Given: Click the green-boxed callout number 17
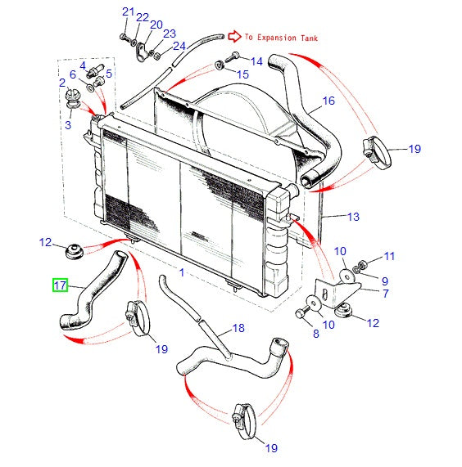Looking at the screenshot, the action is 60,285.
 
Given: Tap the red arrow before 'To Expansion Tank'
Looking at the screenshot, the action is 234,36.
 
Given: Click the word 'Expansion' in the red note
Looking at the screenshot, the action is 277,38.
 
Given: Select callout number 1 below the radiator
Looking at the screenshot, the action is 182,272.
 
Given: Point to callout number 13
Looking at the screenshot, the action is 353,217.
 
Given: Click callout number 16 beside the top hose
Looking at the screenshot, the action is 328,101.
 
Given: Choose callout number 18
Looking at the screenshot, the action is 238,328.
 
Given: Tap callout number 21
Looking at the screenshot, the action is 129,12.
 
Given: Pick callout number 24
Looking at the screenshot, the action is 179,46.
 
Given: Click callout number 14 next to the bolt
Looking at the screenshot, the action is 256,61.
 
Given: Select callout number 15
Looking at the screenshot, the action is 242,74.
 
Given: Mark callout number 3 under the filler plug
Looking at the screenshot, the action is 68,125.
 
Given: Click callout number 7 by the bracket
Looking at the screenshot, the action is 386,294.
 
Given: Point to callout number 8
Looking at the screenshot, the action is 316,334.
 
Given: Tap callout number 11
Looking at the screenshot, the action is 389,256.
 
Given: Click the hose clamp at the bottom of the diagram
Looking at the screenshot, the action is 244,420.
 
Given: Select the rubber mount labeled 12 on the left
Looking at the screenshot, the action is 74,252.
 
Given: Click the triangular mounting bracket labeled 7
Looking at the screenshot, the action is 337,294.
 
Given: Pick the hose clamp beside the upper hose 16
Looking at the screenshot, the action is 377,152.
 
